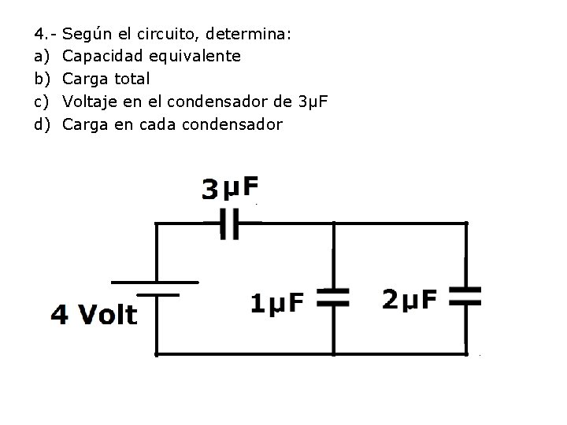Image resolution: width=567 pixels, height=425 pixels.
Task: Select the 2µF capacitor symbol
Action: [x=465, y=296]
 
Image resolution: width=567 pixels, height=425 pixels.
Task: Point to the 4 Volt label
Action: [x=94, y=315]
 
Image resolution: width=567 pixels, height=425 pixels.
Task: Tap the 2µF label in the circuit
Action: [x=409, y=300]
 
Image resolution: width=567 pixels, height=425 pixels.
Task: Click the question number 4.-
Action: [x=44, y=34]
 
